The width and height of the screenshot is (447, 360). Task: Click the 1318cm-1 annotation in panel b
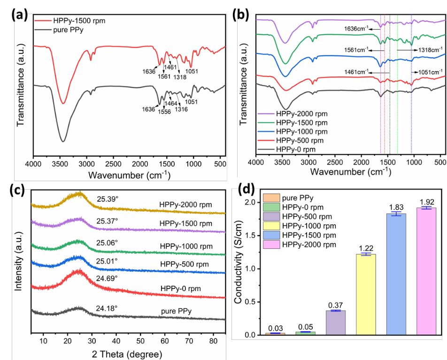point(427,50)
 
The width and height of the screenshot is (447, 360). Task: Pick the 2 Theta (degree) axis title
point(127,353)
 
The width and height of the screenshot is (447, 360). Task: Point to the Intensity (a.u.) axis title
point(18,257)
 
